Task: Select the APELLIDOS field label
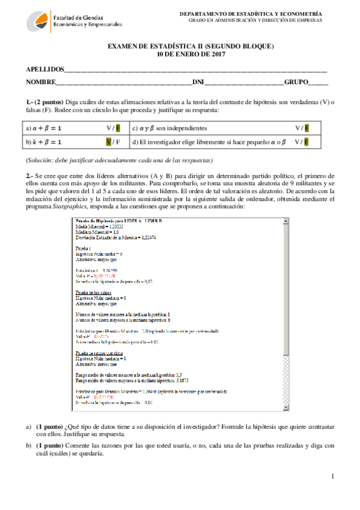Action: (44, 70)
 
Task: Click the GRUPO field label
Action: (296, 82)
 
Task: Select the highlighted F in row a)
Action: (118, 128)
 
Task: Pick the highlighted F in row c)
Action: (307, 128)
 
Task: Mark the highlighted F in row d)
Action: (307, 142)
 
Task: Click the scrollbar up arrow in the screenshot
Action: (286, 220)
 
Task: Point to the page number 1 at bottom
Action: (331, 476)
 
